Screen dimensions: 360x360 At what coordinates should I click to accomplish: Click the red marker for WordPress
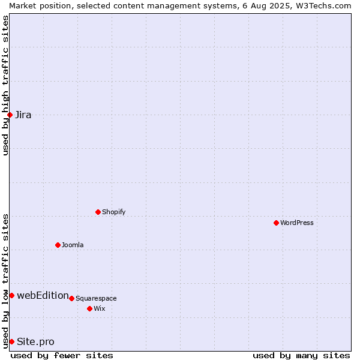(x=276, y=223)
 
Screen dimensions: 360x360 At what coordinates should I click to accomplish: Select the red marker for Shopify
(x=98, y=212)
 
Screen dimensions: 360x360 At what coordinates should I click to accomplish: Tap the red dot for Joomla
(x=58, y=245)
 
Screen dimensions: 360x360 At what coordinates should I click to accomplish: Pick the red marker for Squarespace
(x=71, y=298)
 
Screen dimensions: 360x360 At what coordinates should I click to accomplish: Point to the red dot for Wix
(x=90, y=308)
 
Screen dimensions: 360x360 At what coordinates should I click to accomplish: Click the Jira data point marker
(x=10, y=115)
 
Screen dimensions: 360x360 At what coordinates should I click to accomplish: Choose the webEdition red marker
(x=12, y=295)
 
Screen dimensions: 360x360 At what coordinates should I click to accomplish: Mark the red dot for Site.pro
(x=12, y=341)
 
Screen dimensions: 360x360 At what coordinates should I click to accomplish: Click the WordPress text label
(x=297, y=223)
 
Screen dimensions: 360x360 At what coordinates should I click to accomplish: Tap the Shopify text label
(x=113, y=212)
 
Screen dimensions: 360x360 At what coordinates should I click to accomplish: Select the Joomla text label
(x=73, y=245)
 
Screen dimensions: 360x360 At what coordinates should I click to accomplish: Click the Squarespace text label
(x=96, y=298)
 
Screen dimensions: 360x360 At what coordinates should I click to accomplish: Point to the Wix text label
(x=100, y=308)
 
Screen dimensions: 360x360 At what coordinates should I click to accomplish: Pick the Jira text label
(x=23, y=115)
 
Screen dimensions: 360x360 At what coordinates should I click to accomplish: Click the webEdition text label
(x=43, y=295)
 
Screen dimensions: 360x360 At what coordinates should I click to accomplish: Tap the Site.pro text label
(x=35, y=342)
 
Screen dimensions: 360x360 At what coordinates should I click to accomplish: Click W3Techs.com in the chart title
(x=323, y=6)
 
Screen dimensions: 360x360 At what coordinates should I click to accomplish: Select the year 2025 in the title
(x=280, y=6)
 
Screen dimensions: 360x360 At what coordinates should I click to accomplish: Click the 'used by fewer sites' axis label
(x=62, y=356)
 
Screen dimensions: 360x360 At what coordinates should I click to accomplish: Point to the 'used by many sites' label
(x=301, y=356)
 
